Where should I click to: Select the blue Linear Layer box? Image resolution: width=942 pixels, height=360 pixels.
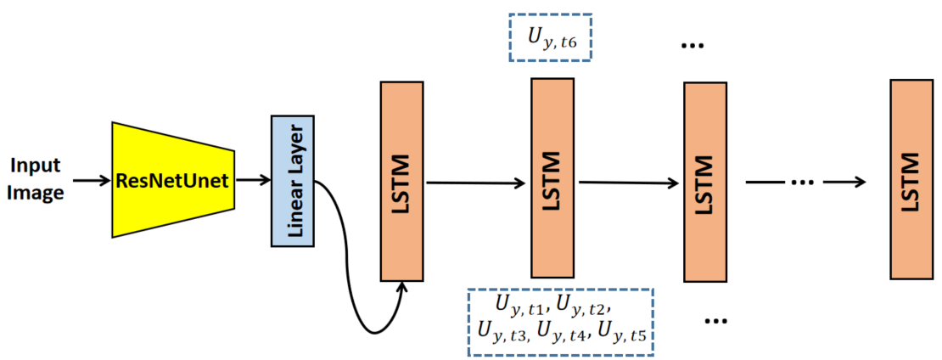(x=293, y=180)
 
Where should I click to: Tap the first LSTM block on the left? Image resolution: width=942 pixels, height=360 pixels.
(x=402, y=181)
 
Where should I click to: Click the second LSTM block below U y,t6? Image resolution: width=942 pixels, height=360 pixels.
(x=552, y=181)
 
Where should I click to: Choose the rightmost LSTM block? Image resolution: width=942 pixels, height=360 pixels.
(x=911, y=179)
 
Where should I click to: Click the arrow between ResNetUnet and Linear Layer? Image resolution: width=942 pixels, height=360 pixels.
(x=252, y=180)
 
